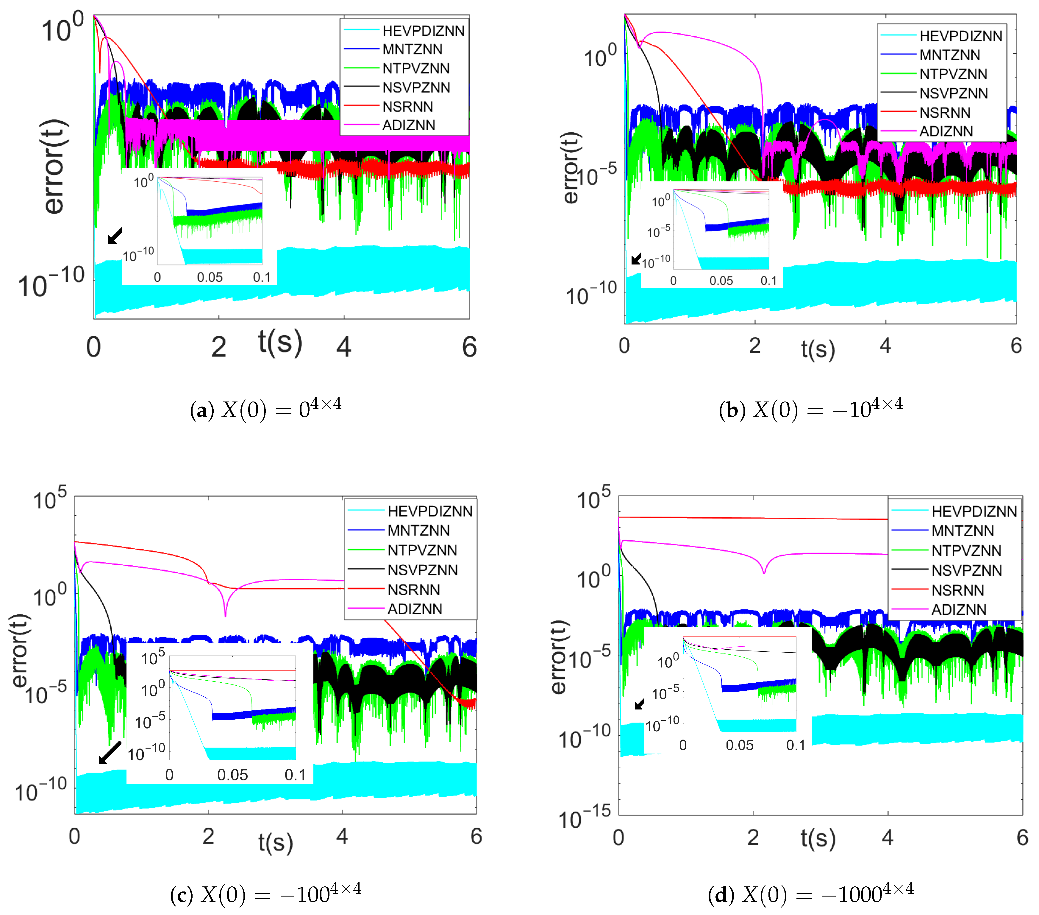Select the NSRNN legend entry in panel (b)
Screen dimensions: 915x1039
tap(944, 112)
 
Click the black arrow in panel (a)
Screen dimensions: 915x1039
tap(115, 236)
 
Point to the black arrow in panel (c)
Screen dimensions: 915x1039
tap(109, 753)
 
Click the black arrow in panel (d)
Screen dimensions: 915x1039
tap(640, 704)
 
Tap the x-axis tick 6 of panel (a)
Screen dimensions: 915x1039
tap(469, 347)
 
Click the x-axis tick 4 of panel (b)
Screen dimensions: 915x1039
tap(885, 346)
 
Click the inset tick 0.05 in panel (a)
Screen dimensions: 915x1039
tap(210, 277)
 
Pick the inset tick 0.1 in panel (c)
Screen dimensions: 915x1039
tap(295, 775)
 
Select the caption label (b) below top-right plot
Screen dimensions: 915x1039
tap(732, 410)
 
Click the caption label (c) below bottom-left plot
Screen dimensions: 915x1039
tap(182, 895)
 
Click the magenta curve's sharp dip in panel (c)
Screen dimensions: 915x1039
tap(225, 615)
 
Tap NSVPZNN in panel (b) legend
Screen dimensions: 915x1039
tap(953, 93)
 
